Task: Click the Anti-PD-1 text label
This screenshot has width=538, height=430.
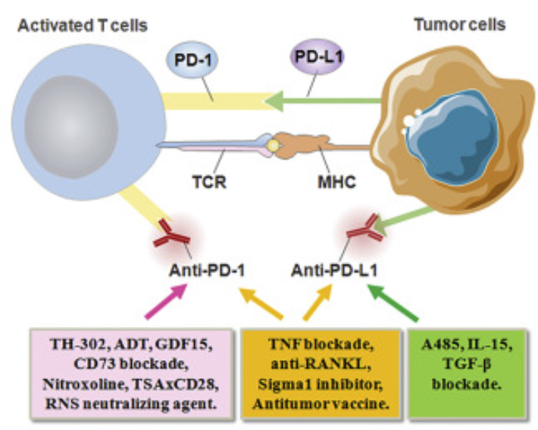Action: pos(206,269)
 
